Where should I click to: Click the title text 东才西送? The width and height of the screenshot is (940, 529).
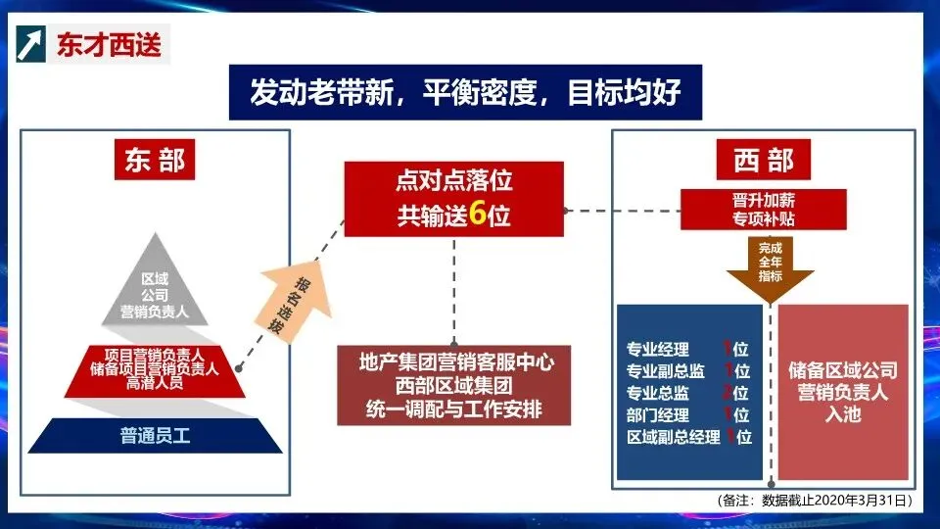[x=108, y=45]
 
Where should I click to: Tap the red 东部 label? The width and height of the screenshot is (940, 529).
[x=154, y=161]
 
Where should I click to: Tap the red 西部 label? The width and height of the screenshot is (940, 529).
[x=764, y=160]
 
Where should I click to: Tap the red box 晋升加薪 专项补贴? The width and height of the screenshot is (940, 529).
[x=764, y=209]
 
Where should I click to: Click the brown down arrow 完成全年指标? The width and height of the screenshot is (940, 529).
[x=770, y=264]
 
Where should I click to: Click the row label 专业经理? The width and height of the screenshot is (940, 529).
[x=658, y=350]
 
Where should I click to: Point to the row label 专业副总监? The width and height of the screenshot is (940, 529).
[x=665, y=371]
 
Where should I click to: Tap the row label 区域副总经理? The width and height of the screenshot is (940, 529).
[x=672, y=437]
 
